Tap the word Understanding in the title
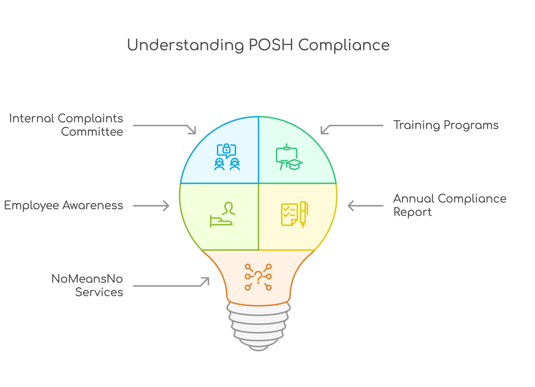coord(185,45)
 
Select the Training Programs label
coord(446,125)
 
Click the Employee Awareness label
coord(63,206)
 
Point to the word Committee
coord(92,132)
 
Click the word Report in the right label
coord(412,212)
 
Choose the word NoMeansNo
coord(87,279)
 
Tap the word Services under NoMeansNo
coord(99,292)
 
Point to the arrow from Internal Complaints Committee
coord(165,127)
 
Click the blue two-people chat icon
coord(227,157)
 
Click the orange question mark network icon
coord(258,277)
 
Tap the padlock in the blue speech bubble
coord(226,149)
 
